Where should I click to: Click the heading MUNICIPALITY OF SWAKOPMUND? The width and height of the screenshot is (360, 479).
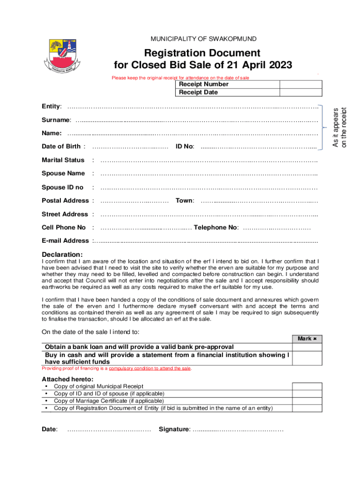tap(203, 39)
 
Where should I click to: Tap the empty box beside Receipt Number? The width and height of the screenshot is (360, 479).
tap(301, 84)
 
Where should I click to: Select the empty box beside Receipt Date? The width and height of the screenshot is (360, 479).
tap(301, 92)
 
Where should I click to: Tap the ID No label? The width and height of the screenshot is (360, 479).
tap(185, 146)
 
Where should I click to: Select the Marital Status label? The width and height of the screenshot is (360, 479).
tap(63, 160)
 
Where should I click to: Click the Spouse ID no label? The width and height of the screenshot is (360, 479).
tap(63, 187)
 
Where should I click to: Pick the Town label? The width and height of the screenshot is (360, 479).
tap(185, 201)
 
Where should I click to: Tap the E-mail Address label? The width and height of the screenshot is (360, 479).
tap(65, 240)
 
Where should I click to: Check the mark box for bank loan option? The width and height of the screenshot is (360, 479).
tap(308, 347)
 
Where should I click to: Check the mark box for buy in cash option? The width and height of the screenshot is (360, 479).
tap(308, 358)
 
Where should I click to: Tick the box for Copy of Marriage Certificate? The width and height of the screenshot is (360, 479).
tap(307, 401)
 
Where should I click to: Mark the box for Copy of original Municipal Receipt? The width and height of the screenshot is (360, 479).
tap(307, 386)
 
